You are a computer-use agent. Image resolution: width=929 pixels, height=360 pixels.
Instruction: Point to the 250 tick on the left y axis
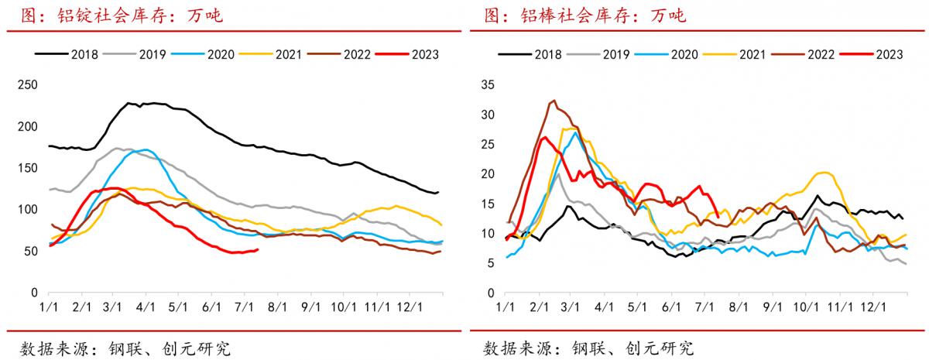pyautogui.click(x=28, y=84)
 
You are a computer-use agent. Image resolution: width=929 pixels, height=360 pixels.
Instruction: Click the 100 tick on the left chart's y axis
pyautogui.click(x=28, y=210)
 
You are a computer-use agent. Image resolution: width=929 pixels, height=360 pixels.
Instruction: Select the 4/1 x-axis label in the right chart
pyautogui.click(x=605, y=307)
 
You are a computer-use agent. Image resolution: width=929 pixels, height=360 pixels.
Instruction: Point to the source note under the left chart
pyautogui.click(x=124, y=348)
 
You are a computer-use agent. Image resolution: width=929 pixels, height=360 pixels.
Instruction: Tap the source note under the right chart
pyautogui.click(x=588, y=348)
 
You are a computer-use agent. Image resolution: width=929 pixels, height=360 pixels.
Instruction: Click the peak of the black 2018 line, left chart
pyautogui.click(x=130, y=102)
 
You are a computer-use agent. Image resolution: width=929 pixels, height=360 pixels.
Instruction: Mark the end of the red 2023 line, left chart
pyautogui.click(x=258, y=249)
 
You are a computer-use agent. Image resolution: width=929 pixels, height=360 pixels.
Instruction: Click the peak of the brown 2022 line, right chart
pyautogui.click(x=554, y=101)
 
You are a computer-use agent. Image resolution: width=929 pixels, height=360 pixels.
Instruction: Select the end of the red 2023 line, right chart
pyautogui.click(x=718, y=216)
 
